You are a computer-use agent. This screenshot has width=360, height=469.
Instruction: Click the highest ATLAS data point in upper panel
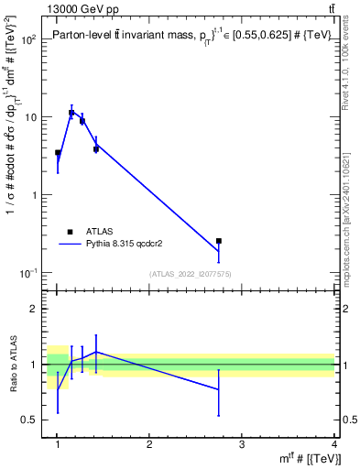coord(71,113)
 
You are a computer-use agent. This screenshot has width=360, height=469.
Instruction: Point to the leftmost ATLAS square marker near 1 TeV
coord(58,153)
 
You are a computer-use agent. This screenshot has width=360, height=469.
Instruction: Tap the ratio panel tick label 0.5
coord(30,420)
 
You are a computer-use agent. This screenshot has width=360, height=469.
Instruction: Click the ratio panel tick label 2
coord(35,310)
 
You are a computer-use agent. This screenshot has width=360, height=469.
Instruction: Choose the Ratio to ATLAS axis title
coord(11,364)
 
